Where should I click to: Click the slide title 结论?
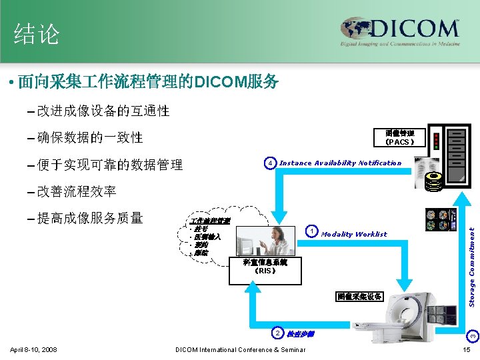click(37, 34)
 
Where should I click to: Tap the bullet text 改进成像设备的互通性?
click(103, 111)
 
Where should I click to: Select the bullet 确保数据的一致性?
click(90, 137)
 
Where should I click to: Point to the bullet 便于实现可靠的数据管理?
click(110, 165)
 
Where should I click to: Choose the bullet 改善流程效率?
click(77, 191)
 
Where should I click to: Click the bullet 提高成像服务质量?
click(90, 217)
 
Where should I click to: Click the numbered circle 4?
click(269, 163)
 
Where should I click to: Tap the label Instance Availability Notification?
click(340, 163)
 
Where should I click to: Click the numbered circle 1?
click(311, 232)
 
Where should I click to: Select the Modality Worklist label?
click(354, 234)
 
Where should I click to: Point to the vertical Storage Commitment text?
click(471, 267)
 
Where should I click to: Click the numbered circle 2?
click(278, 333)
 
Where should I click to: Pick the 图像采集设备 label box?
click(359, 296)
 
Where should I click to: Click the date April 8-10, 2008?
click(34, 350)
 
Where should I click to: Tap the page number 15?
click(467, 350)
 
